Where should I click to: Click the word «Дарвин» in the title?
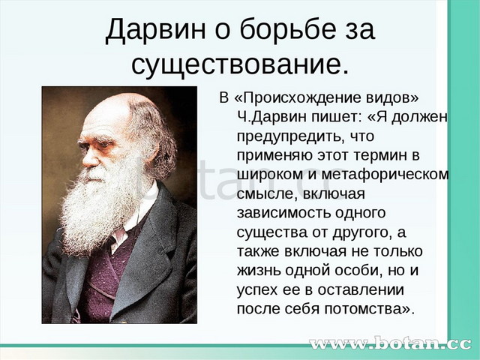coord(155,30)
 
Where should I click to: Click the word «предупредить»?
coord(289,136)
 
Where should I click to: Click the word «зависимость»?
coord(283,213)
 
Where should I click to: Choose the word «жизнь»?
coord(258,271)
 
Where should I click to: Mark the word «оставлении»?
coord(361,290)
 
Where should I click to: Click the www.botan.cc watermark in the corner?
coord(390,343)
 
